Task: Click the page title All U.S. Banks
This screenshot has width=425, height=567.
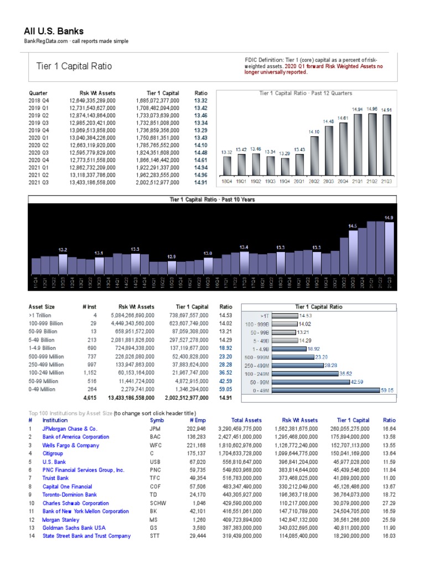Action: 54,31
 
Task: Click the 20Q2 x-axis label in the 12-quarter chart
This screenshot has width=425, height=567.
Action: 314,181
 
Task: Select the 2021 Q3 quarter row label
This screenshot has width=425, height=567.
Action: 38,181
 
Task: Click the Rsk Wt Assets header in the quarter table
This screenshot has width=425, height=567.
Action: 97,94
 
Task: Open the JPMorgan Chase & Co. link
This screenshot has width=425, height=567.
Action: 70,429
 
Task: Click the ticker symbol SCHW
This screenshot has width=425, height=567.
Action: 157,503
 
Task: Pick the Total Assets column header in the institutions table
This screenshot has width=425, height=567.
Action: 246,420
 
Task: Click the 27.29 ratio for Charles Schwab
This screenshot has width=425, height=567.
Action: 388,503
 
